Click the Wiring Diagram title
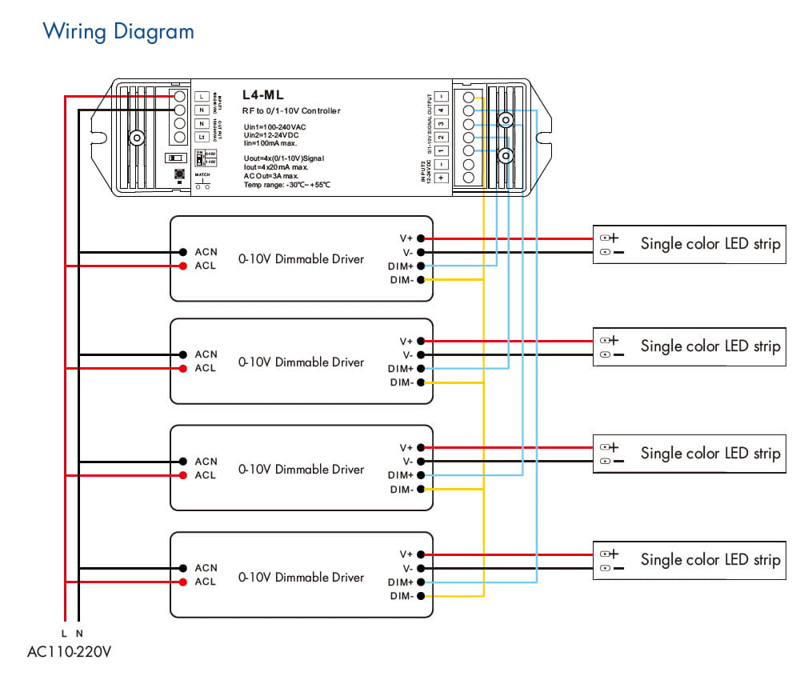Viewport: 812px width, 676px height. pyautogui.click(x=118, y=32)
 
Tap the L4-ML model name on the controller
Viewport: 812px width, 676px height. pyautogui.click(x=263, y=95)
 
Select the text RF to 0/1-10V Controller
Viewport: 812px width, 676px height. pyautogui.click(x=290, y=110)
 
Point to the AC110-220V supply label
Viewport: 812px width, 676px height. pyautogui.click(x=69, y=651)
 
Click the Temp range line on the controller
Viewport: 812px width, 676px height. pyautogui.click(x=286, y=185)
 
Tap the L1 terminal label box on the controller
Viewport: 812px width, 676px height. pyautogui.click(x=202, y=138)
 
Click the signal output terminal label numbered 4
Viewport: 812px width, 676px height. pyautogui.click(x=441, y=110)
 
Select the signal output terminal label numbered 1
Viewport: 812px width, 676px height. pyautogui.click(x=441, y=150)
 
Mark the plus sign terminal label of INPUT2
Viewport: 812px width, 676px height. pyautogui.click(x=441, y=178)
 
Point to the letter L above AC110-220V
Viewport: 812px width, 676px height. pyautogui.click(x=64, y=633)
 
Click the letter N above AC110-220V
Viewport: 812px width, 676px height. pyautogui.click(x=79, y=633)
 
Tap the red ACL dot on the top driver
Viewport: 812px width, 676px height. pyautogui.click(x=184, y=266)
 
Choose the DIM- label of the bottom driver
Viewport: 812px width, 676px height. pyautogui.click(x=402, y=596)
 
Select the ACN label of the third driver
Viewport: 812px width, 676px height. pyautogui.click(x=206, y=462)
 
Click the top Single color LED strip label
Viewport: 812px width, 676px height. pyautogui.click(x=710, y=244)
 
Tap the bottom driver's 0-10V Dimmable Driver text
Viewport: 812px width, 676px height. pyautogui.click(x=301, y=577)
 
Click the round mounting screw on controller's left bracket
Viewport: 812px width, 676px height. pyautogui.click(x=137, y=138)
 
